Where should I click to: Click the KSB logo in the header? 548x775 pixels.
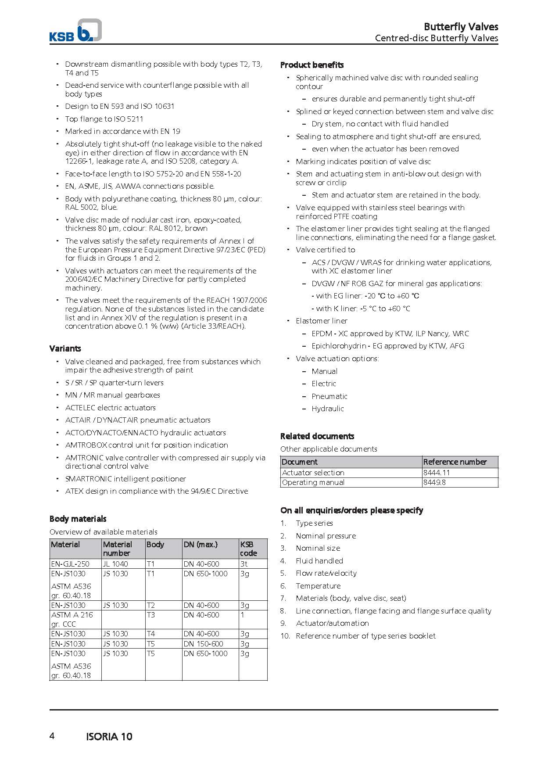75,32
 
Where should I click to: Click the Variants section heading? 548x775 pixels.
65,348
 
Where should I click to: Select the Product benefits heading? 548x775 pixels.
312,65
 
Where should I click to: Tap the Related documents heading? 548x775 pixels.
317,436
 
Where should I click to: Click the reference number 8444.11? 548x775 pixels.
437,473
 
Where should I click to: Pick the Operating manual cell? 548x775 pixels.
313,482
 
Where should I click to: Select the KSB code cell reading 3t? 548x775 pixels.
244,564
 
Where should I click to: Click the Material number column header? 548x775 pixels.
118,549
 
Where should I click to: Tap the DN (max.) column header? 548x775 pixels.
201,545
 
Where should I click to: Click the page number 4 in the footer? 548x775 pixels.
52,736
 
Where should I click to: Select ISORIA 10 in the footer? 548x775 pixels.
109,737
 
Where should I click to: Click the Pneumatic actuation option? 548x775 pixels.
330,396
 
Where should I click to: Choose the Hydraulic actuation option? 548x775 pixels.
328,409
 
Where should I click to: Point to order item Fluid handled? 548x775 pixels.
319,561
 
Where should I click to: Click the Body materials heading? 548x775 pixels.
78,519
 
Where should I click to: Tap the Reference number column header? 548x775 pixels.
455,462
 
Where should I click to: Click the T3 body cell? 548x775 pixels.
151,615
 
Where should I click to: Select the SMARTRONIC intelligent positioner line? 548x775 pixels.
125,479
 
